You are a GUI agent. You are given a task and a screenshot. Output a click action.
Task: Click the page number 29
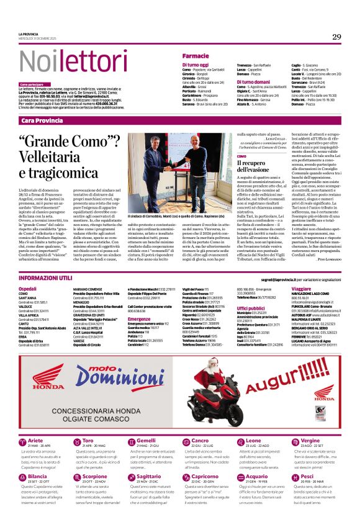[x=336, y=37]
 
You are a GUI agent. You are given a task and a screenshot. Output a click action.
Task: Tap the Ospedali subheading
[x=27, y=289]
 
